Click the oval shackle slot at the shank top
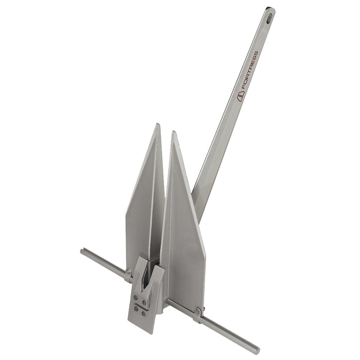269,16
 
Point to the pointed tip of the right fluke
174,133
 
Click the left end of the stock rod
83,251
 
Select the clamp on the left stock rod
127,274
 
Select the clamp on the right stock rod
197,314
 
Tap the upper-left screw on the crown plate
135,297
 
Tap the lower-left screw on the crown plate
135,308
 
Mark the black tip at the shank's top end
270,9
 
